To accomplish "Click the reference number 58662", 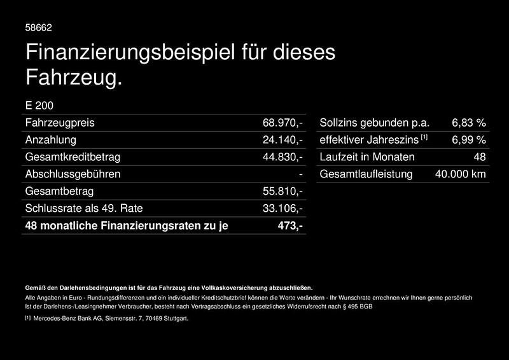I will [38, 28].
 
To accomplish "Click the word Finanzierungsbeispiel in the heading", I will [123, 52].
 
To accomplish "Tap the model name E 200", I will [39, 106].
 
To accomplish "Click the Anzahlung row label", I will [50, 139].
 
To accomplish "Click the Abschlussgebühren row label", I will [73, 174].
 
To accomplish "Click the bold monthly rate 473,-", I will [290, 225].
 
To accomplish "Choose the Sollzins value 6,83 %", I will [469, 122].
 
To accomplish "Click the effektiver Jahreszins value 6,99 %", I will [469, 139].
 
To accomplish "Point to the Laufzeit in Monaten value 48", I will [480, 156].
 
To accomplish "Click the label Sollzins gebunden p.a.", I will [375, 122].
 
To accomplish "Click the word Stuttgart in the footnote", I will [174, 318].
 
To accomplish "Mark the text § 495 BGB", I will [358, 307].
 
